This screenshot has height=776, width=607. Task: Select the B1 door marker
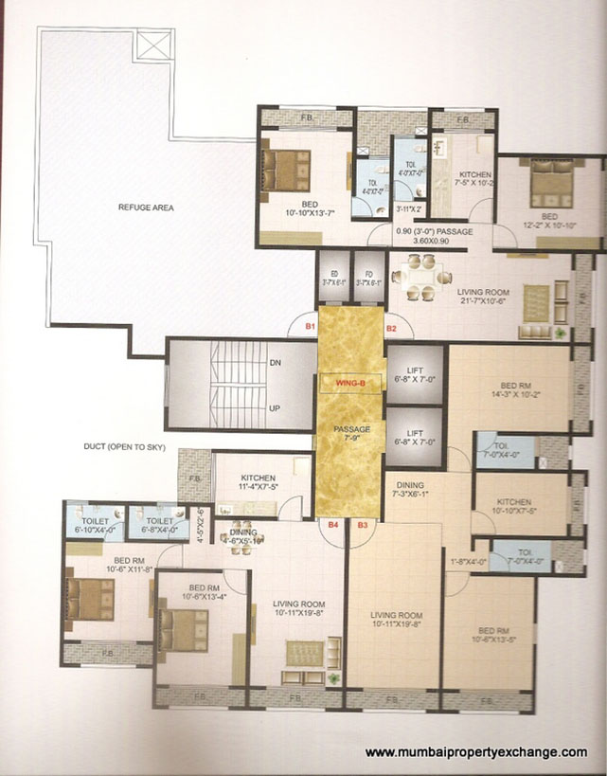pyautogui.click(x=310, y=327)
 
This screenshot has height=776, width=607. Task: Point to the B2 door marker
pyautogui.click(x=391, y=327)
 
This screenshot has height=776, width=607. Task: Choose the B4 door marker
pyautogui.click(x=333, y=523)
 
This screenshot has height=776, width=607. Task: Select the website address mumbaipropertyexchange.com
pyautogui.click(x=475, y=752)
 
